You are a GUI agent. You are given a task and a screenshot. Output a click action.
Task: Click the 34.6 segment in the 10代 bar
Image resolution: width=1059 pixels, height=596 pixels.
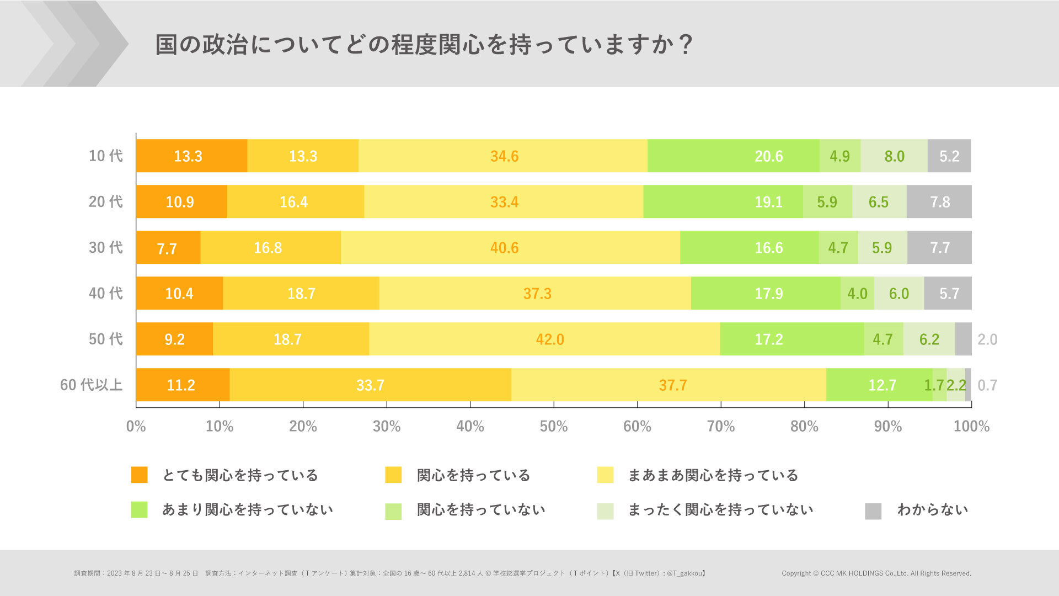[x=504, y=156]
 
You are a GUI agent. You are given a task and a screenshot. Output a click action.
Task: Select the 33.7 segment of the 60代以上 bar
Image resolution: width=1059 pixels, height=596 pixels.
[x=370, y=385]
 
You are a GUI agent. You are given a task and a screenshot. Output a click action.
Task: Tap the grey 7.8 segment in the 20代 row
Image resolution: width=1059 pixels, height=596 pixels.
[x=939, y=202]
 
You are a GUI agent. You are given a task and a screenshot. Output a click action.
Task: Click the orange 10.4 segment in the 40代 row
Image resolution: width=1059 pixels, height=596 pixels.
[x=179, y=294]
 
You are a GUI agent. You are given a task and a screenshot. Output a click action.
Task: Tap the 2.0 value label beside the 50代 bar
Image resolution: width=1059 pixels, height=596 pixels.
[x=987, y=339]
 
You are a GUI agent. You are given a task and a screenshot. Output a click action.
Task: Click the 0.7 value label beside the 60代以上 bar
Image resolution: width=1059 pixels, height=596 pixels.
[x=987, y=385]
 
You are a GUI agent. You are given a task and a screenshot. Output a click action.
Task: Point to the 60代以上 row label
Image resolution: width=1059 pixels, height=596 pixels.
[x=91, y=385]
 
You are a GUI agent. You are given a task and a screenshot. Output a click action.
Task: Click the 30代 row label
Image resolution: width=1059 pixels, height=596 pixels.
[x=105, y=247]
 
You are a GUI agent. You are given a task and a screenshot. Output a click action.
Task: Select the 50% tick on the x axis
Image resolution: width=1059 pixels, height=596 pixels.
[x=553, y=426]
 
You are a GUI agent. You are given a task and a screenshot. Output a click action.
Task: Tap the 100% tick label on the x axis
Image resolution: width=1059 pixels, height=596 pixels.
[x=971, y=426]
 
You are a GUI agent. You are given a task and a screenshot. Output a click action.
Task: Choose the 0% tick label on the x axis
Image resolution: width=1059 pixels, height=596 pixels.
[x=136, y=426]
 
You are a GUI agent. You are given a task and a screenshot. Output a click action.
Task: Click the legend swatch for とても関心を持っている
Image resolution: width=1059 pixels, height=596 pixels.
[x=139, y=475]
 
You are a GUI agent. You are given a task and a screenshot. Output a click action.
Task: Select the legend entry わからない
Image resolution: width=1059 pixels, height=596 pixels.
[x=932, y=509]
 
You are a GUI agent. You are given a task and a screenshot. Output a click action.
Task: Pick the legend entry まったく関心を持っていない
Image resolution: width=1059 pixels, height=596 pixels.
[x=720, y=509]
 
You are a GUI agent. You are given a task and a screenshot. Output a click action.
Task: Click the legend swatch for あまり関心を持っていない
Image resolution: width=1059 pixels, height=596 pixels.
[x=139, y=509]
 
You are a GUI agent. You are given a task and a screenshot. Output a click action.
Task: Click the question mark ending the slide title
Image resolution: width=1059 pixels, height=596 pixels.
[x=686, y=44]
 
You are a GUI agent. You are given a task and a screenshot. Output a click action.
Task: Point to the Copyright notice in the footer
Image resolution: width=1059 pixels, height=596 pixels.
[x=876, y=573]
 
